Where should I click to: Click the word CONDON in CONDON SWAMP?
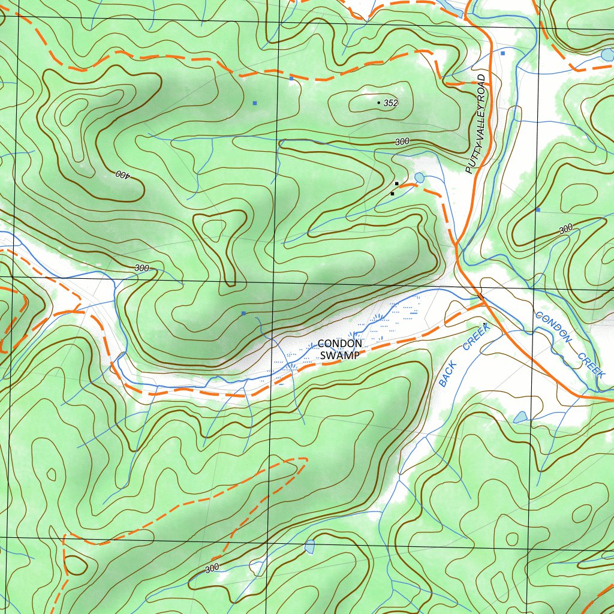coord(339,344)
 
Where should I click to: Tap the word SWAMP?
coord(339,355)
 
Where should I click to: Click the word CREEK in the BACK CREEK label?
coord(477,336)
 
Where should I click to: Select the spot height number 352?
coord(390,103)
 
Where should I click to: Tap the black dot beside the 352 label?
coord(378,103)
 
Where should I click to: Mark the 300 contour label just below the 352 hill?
coord(402,142)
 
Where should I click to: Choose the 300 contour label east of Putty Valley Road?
coord(565,230)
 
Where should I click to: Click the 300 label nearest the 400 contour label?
coord(142,268)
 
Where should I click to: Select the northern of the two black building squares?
coord(396,183)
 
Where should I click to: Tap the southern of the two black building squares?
coord(392,194)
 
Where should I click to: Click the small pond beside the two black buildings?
coord(419,177)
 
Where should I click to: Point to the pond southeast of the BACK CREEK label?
coord(520,417)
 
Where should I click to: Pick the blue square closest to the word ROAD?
coord(502,53)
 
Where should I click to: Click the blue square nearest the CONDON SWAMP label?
coord(243,313)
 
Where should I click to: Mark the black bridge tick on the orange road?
coord(480,296)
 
